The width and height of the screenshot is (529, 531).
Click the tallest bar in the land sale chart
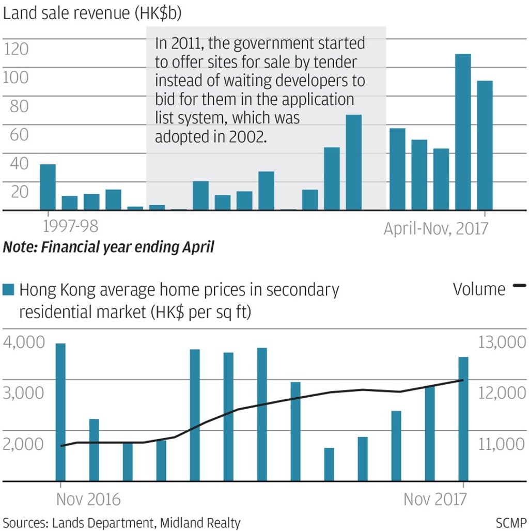click(x=463, y=132)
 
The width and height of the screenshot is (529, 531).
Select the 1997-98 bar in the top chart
click(x=48, y=187)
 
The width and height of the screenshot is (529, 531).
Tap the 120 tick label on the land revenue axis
click(x=16, y=50)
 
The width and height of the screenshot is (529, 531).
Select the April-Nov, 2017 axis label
click(x=435, y=228)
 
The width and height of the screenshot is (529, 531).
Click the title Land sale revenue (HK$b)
click(x=92, y=14)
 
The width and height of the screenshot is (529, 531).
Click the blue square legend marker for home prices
click(x=9, y=290)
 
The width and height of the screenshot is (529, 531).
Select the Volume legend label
click(x=479, y=289)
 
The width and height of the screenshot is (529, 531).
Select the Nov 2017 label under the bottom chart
click(x=435, y=499)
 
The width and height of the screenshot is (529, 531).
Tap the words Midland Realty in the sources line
click(x=200, y=523)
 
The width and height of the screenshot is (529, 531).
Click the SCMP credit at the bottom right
click(x=510, y=523)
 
